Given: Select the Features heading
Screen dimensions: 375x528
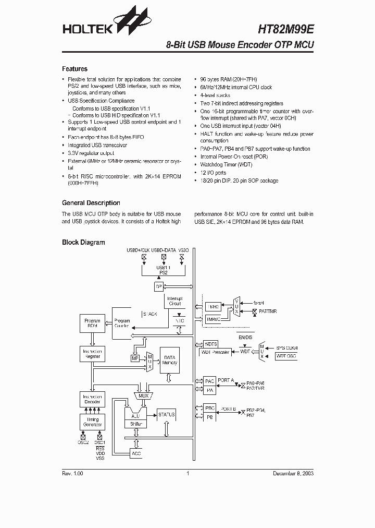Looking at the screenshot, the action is (74, 69).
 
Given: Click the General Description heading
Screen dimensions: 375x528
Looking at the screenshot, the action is (91, 203).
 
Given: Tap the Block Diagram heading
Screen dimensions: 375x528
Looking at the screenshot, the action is (83, 242).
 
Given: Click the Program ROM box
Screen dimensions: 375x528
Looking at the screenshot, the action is (92, 323).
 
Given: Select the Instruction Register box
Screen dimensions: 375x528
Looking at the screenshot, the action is (92, 354).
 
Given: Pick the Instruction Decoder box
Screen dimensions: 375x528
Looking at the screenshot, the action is (92, 400).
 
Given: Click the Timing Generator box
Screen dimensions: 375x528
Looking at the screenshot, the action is (92, 422).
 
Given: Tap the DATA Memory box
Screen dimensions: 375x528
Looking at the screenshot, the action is (170, 360).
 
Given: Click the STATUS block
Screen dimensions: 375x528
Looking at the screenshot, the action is (166, 414).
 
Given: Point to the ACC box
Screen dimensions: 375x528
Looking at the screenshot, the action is (136, 453).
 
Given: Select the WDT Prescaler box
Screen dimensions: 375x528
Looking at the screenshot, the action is (215, 352).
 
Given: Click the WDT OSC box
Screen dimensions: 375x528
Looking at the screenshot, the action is (285, 356).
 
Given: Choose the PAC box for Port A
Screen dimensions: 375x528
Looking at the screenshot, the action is (209, 381).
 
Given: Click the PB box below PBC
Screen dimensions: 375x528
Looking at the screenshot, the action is (209, 417).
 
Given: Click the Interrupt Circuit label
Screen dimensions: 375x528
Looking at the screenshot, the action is (175, 301).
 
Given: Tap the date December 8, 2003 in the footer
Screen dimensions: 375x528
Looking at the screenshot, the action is (293, 474).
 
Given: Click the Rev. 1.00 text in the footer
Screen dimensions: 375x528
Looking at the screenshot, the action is (72, 474).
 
